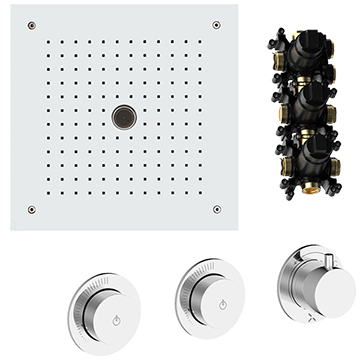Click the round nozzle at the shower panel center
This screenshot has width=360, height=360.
coord(124,116)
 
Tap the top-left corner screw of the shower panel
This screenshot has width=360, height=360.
coord(32,25)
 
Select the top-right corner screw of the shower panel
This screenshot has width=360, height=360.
coord(217,25)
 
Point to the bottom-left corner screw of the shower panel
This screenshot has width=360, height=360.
coord(32,209)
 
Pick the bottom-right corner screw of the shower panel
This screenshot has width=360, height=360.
coord(217,209)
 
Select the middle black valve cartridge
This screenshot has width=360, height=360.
coord(304,103)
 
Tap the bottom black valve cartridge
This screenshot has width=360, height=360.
coord(304,148)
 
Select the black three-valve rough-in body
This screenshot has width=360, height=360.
coord(304,110)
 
